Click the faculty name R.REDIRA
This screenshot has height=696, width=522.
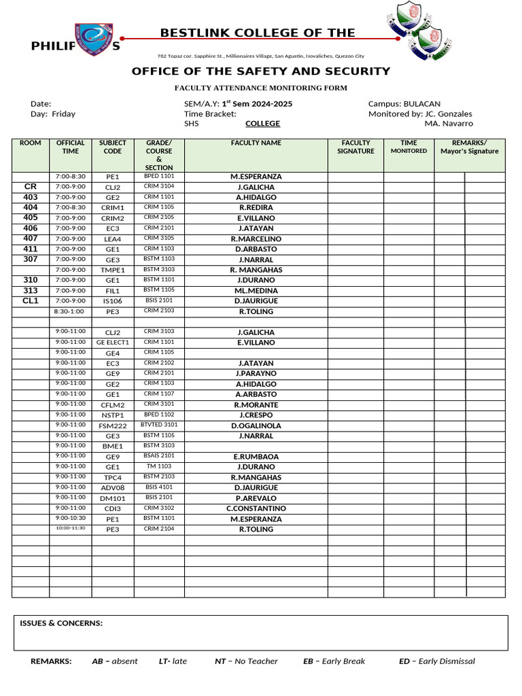coord(256,207)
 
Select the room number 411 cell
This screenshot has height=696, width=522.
coord(31,249)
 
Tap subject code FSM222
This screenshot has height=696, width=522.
coord(113,426)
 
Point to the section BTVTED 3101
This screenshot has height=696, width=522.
coord(159,425)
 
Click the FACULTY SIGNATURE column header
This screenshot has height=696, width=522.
coord(355,147)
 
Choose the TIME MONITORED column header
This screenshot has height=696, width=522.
coord(408,147)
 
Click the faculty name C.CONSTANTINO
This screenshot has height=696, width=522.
coord(256,508)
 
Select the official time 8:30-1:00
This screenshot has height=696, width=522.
coord(70,311)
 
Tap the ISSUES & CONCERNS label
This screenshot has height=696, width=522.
coord(61,623)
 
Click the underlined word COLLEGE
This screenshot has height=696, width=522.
coord(262,124)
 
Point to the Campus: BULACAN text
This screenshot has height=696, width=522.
coord(404,104)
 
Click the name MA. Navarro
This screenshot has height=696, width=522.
coord(449,124)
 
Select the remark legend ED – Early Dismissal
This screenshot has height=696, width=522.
coord(436,661)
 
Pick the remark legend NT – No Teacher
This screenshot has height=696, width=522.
coord(246,661)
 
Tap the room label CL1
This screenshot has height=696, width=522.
coord(31,300)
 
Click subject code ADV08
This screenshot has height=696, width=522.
coord(113,488)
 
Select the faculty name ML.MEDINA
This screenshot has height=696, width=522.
coord(256,291)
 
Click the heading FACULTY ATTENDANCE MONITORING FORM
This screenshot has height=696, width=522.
coord(261,88)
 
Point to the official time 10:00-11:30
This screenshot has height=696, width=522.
coord(70,528)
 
